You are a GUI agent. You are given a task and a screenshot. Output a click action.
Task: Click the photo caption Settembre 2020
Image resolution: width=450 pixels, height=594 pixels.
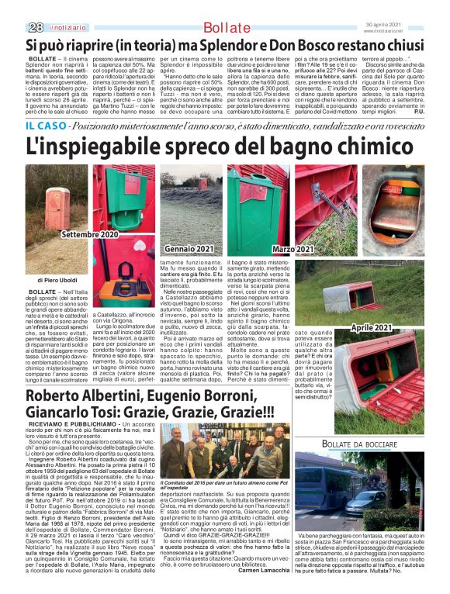tap(90, 233)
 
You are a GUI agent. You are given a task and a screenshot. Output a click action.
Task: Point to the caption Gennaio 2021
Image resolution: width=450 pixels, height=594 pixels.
tap(189, 248)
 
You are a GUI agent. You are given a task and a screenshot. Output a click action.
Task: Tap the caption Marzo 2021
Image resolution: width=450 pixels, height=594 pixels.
tap(293, 249)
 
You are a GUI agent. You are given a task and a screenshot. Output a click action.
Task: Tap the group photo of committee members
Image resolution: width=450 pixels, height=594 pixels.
tap(222, 450)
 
